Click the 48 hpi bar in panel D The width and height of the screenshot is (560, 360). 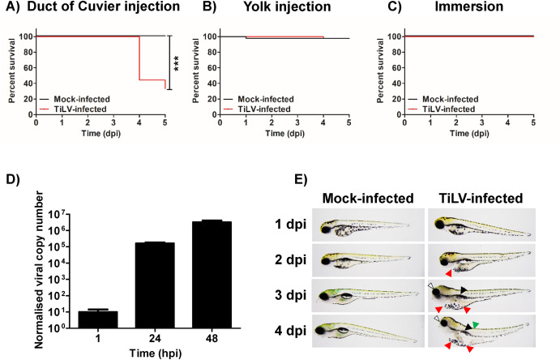(212, 274)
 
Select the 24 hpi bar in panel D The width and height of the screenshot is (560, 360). (155, 285)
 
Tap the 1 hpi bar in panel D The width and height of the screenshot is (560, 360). (98, 319)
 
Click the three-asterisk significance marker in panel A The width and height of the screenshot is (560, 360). (176, 63)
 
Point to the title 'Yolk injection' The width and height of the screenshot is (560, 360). (287, 6)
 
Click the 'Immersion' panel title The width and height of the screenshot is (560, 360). (469, 6)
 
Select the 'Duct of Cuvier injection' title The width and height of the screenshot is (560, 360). (103, 6)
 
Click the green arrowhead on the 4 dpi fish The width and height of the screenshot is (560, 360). (476, 324)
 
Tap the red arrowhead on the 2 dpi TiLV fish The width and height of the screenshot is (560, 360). (449, 273)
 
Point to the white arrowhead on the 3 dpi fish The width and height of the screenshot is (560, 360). (430, 285)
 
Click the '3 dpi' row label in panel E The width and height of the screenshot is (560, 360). (290, 295)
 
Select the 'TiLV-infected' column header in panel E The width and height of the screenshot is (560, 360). (481, 198)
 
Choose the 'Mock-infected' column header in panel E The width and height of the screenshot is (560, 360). (368, 198)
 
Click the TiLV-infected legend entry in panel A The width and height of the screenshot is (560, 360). (72, 109)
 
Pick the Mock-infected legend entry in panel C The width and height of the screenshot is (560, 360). (442, 99)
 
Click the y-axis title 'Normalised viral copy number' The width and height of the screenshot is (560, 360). (39, 270)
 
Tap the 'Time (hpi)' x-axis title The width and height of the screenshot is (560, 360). (155, 353)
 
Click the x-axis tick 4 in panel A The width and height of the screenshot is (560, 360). (139, 122)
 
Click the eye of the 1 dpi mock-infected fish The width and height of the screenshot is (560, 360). (325, 229)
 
